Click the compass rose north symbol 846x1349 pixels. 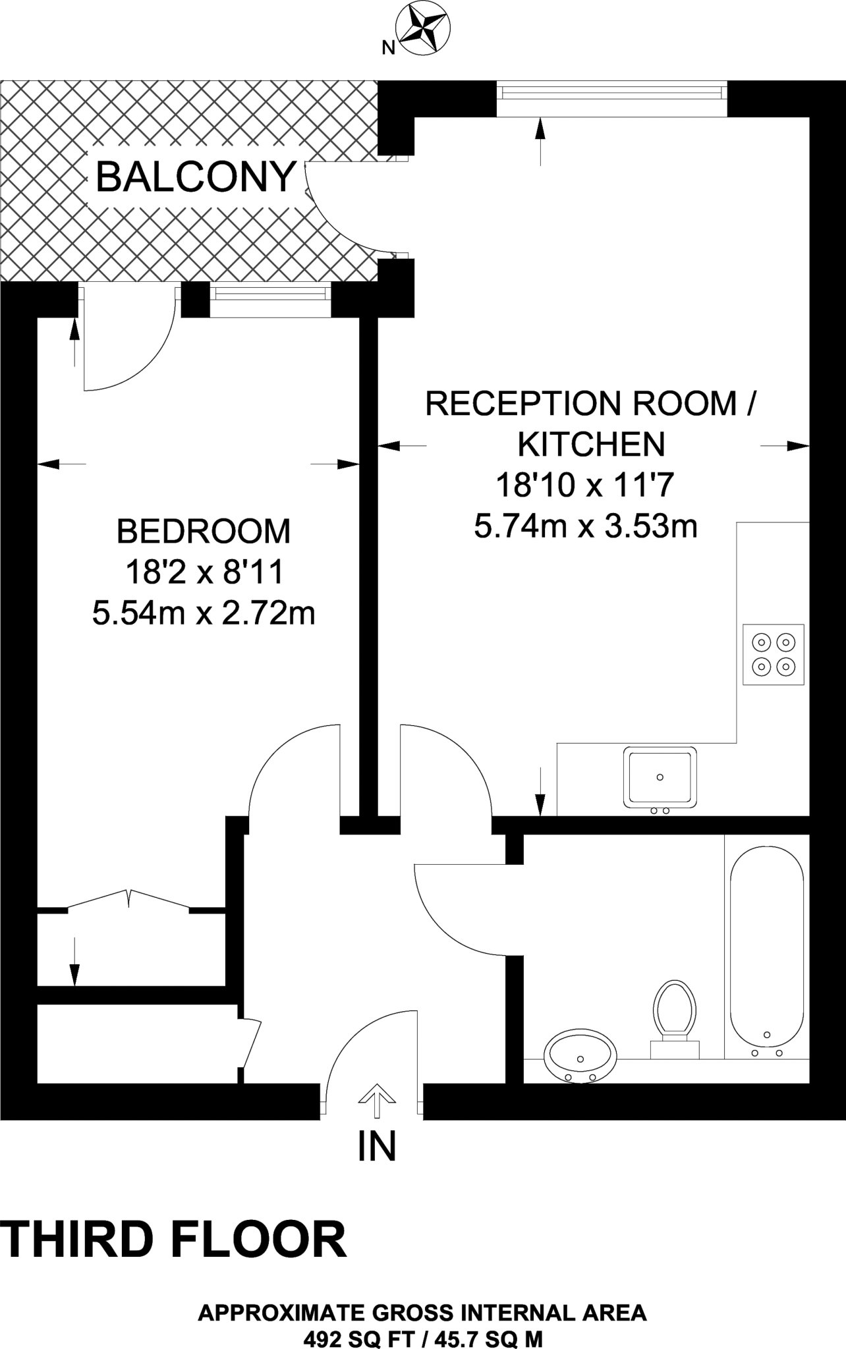pyautogui.click(x=422, y=28)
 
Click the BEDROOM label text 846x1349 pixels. pyautogui.click(x=204, y=531)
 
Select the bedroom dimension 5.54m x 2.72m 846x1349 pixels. pyautogui.click(x=204, y=614)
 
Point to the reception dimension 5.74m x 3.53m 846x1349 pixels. pyautogui.click(x=586, y=526)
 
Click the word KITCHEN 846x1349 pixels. pyautogui.click(x=591, y=445)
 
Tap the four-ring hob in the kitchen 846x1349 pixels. pyautogui.click(x=773, y=654)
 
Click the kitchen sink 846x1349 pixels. pyautogui.click(x=660, y=777)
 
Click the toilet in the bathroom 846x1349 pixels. pyautogui.click(x=674, y=1014)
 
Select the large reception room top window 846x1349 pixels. pyautogui.click(x=612, y=92)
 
